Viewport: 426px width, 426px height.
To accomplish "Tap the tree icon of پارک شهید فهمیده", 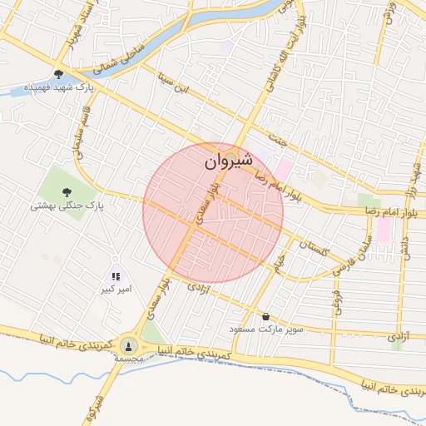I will click(58, 73).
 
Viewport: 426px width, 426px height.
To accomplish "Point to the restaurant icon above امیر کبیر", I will click(116, 276).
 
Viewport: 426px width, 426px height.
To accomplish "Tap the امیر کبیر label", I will click(116, 291).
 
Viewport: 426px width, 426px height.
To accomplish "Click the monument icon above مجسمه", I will click(127, 344).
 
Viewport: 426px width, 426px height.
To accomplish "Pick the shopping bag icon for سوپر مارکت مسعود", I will click(265, 317).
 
